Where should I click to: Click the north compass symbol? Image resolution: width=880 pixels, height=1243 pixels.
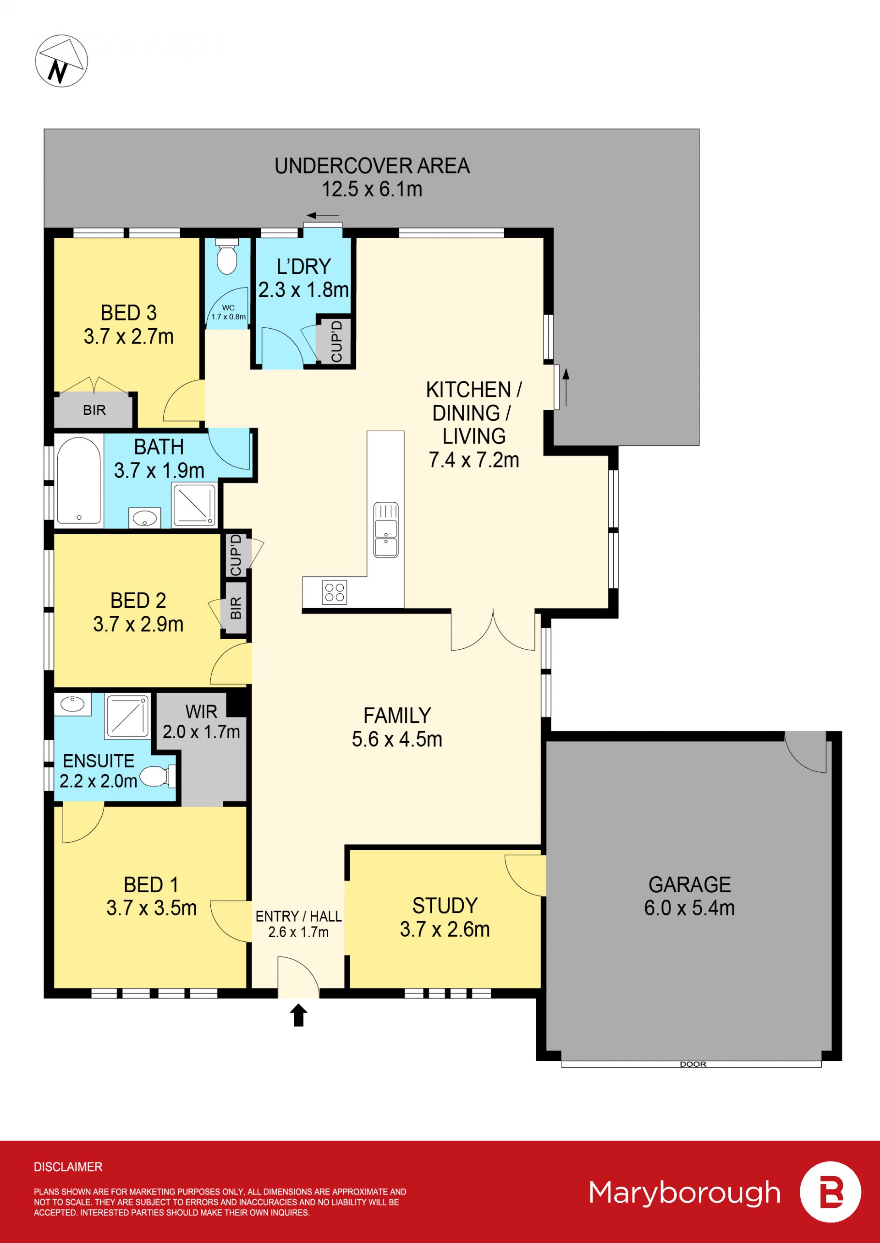[61, 60]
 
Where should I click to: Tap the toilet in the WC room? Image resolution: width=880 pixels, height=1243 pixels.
[227, 257]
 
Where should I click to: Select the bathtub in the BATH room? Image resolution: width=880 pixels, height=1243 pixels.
[79, 480]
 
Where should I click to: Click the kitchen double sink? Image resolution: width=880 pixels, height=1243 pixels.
[386, 530]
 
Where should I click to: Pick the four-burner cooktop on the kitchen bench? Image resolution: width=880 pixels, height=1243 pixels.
[334, 592]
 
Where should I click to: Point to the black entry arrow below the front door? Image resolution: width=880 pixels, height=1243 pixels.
[298, 1015]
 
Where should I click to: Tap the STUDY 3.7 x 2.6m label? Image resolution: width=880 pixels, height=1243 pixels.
[445, 917]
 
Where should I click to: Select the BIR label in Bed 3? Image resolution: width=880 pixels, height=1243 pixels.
[94, 410]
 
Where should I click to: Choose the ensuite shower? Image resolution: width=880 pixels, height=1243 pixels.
[127, 716]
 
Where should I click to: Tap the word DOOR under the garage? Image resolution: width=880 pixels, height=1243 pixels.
[693, 1064]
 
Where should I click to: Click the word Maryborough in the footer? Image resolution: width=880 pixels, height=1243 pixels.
[684, 1193]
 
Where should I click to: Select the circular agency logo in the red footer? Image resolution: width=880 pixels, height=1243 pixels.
[830, 1192]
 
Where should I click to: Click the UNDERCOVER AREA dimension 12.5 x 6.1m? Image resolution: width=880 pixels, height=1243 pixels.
[372, 189]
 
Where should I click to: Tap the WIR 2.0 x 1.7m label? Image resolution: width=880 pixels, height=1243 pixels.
[202, 721]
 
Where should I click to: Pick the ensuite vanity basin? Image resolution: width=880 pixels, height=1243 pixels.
[72, 704]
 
